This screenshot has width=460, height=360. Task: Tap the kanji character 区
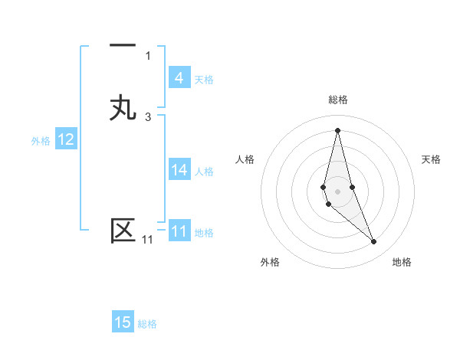click(123, 231)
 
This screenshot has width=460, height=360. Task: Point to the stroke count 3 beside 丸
click(148, 116)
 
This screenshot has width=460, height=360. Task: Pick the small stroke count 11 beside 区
click(147, 241)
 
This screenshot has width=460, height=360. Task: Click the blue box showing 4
click(179, 78)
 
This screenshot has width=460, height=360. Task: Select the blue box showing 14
click(179, 170)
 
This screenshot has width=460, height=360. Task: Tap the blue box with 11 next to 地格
click(179, 231)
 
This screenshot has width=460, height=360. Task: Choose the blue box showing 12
click(66, 139)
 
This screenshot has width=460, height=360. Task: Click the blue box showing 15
click(123, 322)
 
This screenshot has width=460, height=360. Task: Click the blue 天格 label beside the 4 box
click(204, 79)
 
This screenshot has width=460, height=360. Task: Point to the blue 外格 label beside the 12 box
click(41, 141)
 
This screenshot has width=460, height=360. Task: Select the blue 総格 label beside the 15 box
click(147, 324)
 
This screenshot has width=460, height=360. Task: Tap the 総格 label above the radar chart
click(338, 100)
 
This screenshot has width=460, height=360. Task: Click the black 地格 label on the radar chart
click(402, 262)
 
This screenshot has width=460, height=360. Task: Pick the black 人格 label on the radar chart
click(245, 159)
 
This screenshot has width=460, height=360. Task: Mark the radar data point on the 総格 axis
click(337, 129)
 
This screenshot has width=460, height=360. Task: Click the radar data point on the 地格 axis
click(373, 242)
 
